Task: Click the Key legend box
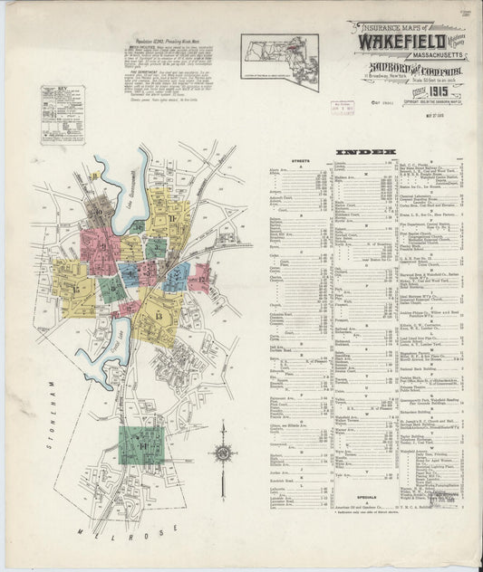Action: [x=63, y=115]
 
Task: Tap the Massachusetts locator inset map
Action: [x=280, y=61]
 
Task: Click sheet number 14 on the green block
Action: [x=142, y=447]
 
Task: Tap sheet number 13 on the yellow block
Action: [x=158, y=316]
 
